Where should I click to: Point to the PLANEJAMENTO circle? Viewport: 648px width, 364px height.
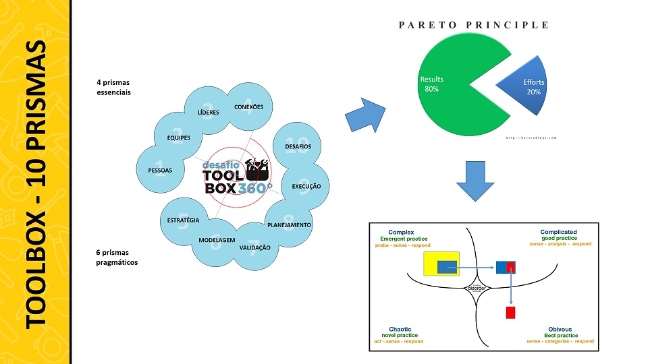point(289,224)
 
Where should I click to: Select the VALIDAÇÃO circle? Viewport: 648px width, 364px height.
point(254,247)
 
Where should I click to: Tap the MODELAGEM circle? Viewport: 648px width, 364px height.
point(216,241)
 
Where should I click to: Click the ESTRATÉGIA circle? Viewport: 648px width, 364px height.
point(183,220)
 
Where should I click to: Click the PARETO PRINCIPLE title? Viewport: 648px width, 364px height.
point(474,26)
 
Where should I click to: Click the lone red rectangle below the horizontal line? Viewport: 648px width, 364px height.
point(510,312)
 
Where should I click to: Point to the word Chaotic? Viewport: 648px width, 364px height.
point(401,329)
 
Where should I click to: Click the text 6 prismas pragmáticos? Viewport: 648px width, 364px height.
point(117,257)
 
